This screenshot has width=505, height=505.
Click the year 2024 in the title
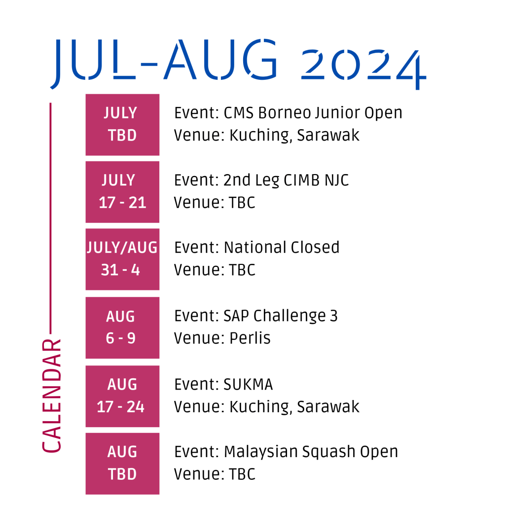pyautogui.click(x=363, y=69)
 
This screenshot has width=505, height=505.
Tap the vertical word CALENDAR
pyautogui.click(x=51, y=396)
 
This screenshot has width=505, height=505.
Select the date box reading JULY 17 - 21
pyautogui.click(x=122, y=192)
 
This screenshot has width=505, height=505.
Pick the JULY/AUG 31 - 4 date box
pyautogui.click(x=122, y=259)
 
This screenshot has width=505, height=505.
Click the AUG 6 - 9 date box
pyautogui.click(x=122, y=327)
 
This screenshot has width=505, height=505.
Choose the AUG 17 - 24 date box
pyautogui.click(x=122, y=396)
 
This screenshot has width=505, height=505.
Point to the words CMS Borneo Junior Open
pyautogui.click(x=313, y=113)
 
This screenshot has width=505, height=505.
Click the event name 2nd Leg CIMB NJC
pyautogui.click(x=286, y=180)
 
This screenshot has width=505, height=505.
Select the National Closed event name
pyautogui.click(x=282, y=248)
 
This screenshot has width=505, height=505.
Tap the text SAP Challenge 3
pyautogui.click(x=281, y=316)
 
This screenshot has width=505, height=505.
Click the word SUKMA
pyautogui.click(x=249, y=384)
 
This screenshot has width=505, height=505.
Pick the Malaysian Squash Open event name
pyautogui.click(x=311, y=452)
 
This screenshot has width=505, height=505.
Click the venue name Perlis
pyautogui.click(x=250, y=338)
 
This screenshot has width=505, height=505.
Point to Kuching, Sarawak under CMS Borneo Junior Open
pyautogui.click(x=294, y=136)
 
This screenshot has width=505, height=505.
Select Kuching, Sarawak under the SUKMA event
pyautogui.click(x=294, y=407)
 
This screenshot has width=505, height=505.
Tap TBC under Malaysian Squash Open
pyautogui.click(x=242, y=474)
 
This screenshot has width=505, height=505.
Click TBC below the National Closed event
pyautogui.click(x=242, y=270)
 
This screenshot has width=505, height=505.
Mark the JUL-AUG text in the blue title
pyautogui.click(x=164, y=63)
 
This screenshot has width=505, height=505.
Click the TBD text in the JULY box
pyautogui.click(x=122, y=135)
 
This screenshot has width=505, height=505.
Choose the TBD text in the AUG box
pyautogui.click(x=122, y=474)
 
